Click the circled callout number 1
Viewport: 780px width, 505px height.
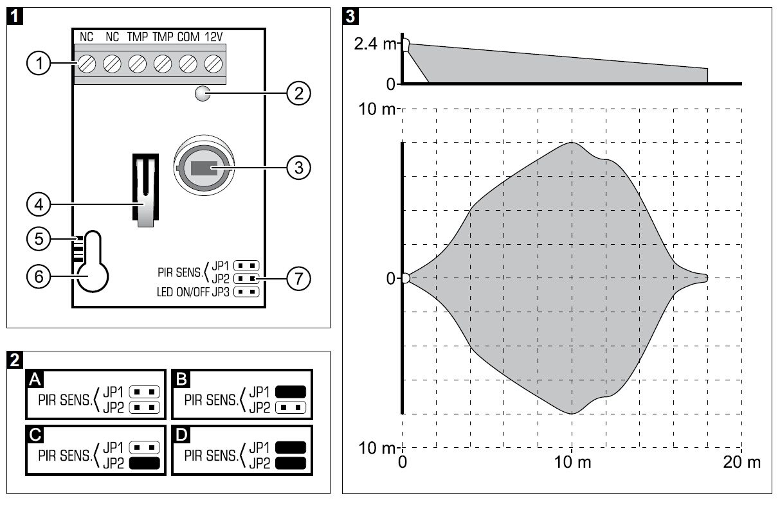[x=39, y=64]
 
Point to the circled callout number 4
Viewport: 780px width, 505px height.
[x=39, y=205]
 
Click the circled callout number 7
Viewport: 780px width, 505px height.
[x=297, y=279]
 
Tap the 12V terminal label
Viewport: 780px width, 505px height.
[x=213, y=37]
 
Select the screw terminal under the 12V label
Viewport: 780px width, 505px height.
[x=213, y=64]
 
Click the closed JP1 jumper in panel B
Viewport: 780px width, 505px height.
[x=289, y=391]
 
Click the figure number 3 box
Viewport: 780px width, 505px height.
[x=350, y=15]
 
